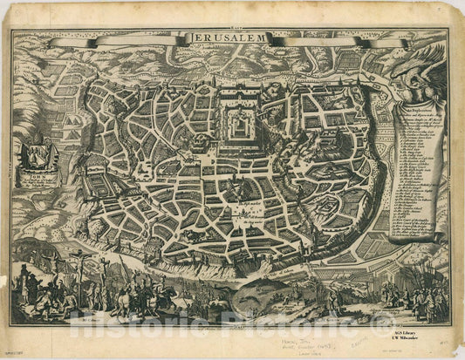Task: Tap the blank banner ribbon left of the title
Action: pos(113,41)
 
